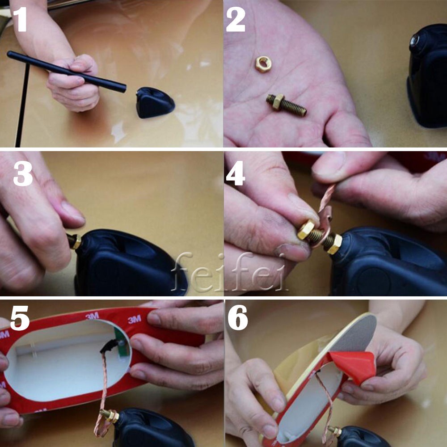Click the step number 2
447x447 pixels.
tap(236, 19)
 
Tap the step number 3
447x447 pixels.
tap(23, 174)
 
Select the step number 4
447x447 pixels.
tap(236, 173)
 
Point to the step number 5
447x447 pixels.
tap(20, 318)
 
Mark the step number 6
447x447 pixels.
tap(238, 317)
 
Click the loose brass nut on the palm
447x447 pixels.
tap(263, 63)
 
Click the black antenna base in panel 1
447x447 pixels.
tap(155, 102)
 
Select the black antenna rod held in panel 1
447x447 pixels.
tap(67, 71)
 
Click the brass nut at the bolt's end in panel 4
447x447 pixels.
tap(306, 229)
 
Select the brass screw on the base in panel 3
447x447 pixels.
tap(74, 241)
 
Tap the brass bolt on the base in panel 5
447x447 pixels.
tap(110, 416)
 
